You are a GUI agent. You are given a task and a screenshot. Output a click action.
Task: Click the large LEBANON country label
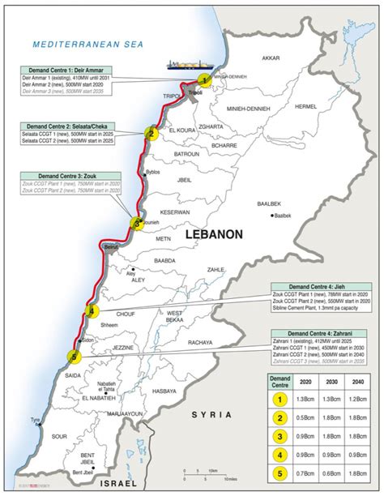[214, 233]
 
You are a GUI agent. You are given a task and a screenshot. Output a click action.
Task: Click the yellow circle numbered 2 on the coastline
[150, 133]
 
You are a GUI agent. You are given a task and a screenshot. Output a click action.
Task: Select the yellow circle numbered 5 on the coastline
[75, 357]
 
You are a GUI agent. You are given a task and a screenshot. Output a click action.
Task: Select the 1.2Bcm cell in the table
[355, 399]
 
